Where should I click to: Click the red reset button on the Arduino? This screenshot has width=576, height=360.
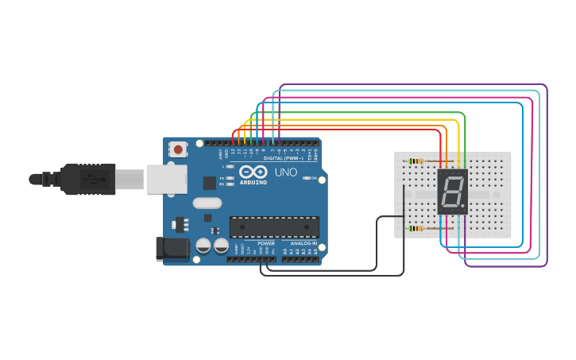pyautogui.click(x=178, y=149)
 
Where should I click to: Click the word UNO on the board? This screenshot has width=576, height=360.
pyautogui.click(x=286, y=172)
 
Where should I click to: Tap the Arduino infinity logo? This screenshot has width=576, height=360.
pyautogui.click(x=253, y=172)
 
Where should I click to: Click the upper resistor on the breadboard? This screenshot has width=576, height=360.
pyautogui.click(x=416, y=161)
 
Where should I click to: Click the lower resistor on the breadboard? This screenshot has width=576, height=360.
pyautogui.click(x=416, y=229)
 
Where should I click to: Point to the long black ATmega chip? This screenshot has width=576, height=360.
pyautogui.click(x=274, y=227)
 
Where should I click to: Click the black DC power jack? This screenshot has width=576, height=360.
pyautogui.click(x=172, y=249)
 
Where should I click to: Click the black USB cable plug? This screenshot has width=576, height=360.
pyautogui.click(x=87, y=179)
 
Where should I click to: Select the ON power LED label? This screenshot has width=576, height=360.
pyautogui.click(x=314, y=178)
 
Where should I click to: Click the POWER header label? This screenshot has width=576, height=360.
pyautogui.click(x=265, y=243)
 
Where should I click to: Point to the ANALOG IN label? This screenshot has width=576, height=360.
pyautogui.click(x=303, y=243)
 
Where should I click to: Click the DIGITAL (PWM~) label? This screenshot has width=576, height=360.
pyautogui.click(x=276, y=158)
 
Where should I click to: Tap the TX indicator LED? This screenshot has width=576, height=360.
pyautogui.click(x=230, y=178)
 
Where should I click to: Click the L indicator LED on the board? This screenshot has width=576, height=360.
pyautogui.click(x=230, y=167)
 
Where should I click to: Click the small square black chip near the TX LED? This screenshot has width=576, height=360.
pyautogui.click(x=209, y=183)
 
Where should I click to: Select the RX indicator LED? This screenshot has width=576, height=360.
pyautogui.click(x=230, y=184)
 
